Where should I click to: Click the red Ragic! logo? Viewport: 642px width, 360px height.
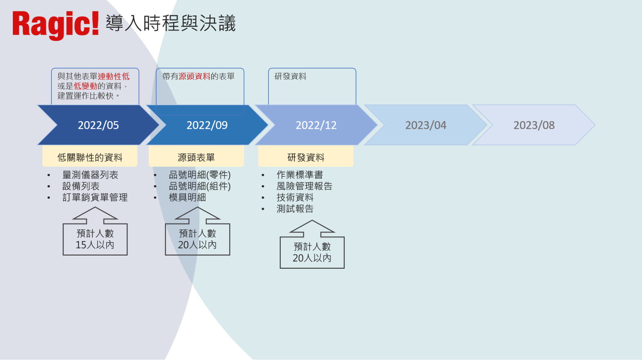[56, 25]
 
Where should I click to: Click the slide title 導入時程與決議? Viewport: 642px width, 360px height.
[171, 23]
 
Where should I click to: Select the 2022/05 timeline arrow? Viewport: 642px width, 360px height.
[98, 125]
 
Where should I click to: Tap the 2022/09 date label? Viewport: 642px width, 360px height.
[207, 125]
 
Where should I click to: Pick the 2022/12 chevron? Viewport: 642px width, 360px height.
[316, 125]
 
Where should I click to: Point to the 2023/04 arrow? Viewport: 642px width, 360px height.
[426, 125]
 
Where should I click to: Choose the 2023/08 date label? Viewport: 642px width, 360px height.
[534, 125]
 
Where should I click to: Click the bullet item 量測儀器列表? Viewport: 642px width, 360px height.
[90, 175]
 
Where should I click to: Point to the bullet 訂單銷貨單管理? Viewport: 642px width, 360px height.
[95, 197]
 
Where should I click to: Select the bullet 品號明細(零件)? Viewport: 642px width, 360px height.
[200, 175]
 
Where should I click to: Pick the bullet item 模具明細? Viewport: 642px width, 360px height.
[188, 197]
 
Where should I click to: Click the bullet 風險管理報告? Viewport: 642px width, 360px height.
[304, 186]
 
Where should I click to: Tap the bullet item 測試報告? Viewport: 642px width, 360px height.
[295, 209]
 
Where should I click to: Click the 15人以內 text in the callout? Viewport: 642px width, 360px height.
[95, 245]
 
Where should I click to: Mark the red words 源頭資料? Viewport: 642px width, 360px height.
[194, 76]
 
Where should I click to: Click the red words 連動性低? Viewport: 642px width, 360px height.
[114, 76]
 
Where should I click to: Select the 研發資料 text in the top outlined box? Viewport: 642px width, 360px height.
[290, 76]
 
